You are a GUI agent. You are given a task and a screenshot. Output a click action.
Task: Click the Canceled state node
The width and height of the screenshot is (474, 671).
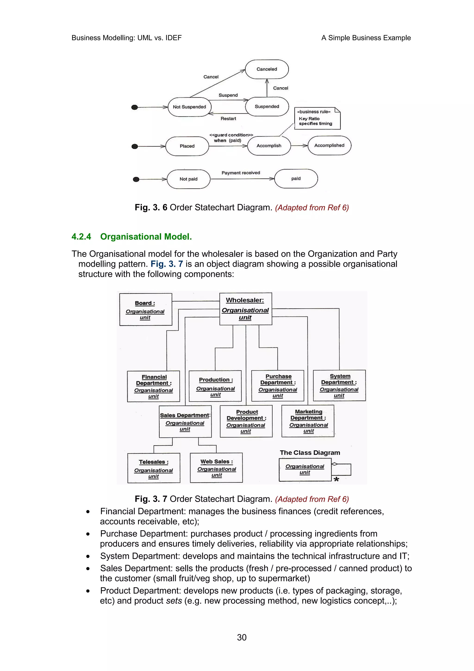(267, 69)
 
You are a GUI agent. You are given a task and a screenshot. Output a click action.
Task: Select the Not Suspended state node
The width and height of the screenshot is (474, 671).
(189, 107)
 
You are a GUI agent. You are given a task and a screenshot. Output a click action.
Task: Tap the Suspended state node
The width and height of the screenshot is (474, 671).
(267, 107)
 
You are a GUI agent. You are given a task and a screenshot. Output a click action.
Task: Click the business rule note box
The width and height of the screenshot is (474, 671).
(317, 118)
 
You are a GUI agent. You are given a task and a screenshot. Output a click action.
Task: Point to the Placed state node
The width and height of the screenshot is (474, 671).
(187, 146)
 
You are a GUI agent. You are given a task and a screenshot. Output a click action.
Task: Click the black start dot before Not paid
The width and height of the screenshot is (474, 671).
(136, 179)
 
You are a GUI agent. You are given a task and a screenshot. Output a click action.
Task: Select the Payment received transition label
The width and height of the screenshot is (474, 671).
(241, 173)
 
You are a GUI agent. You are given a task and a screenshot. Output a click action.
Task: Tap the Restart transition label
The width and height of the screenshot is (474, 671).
(228, 119)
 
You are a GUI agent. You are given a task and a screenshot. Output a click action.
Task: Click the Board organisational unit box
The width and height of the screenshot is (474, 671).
(145, 310)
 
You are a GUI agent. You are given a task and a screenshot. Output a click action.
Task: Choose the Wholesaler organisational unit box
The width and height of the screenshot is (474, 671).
(245, 309)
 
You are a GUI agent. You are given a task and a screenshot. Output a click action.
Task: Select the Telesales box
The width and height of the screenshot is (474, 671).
(154, 468)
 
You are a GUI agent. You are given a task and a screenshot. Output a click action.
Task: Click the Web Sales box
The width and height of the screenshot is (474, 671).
(216, 468)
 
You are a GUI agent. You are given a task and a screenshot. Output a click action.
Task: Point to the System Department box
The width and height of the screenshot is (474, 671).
(339, 386)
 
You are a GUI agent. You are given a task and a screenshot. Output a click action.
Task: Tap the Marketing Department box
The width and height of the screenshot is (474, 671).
(308, 421)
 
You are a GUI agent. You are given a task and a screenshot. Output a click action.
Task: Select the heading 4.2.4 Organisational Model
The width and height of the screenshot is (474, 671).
(131, 236)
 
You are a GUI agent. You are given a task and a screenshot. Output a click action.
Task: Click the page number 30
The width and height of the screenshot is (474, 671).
(242, 637)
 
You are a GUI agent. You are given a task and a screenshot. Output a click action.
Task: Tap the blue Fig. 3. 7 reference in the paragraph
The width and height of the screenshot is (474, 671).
(166, 264)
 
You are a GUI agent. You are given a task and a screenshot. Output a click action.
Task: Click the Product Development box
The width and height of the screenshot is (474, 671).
(246, 421)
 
